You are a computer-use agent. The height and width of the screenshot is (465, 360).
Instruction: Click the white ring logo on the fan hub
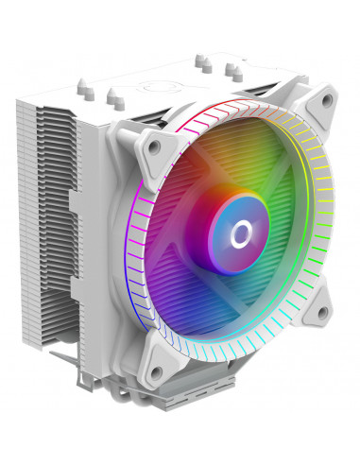pyautogui.click(x=237, y=228)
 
